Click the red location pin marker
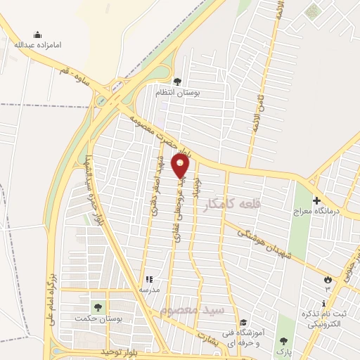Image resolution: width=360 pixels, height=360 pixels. click(x=181, y=166)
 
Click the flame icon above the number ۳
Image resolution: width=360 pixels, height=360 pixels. click(x=327, y=281)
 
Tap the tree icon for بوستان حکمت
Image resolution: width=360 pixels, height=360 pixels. click(x=97, y=307)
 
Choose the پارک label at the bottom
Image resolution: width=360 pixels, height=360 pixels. click(x=283, y=349)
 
